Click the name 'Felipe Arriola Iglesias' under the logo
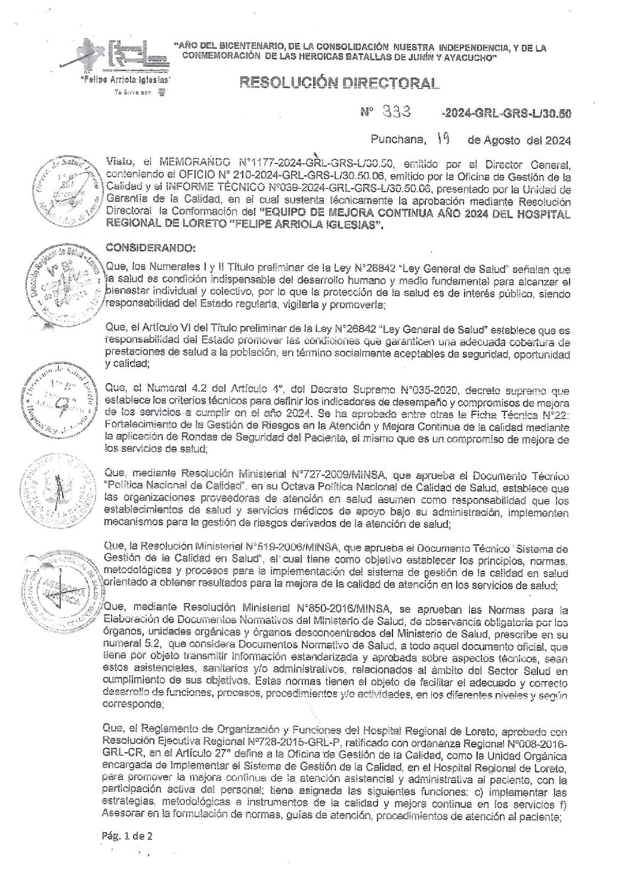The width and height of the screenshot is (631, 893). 127,79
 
